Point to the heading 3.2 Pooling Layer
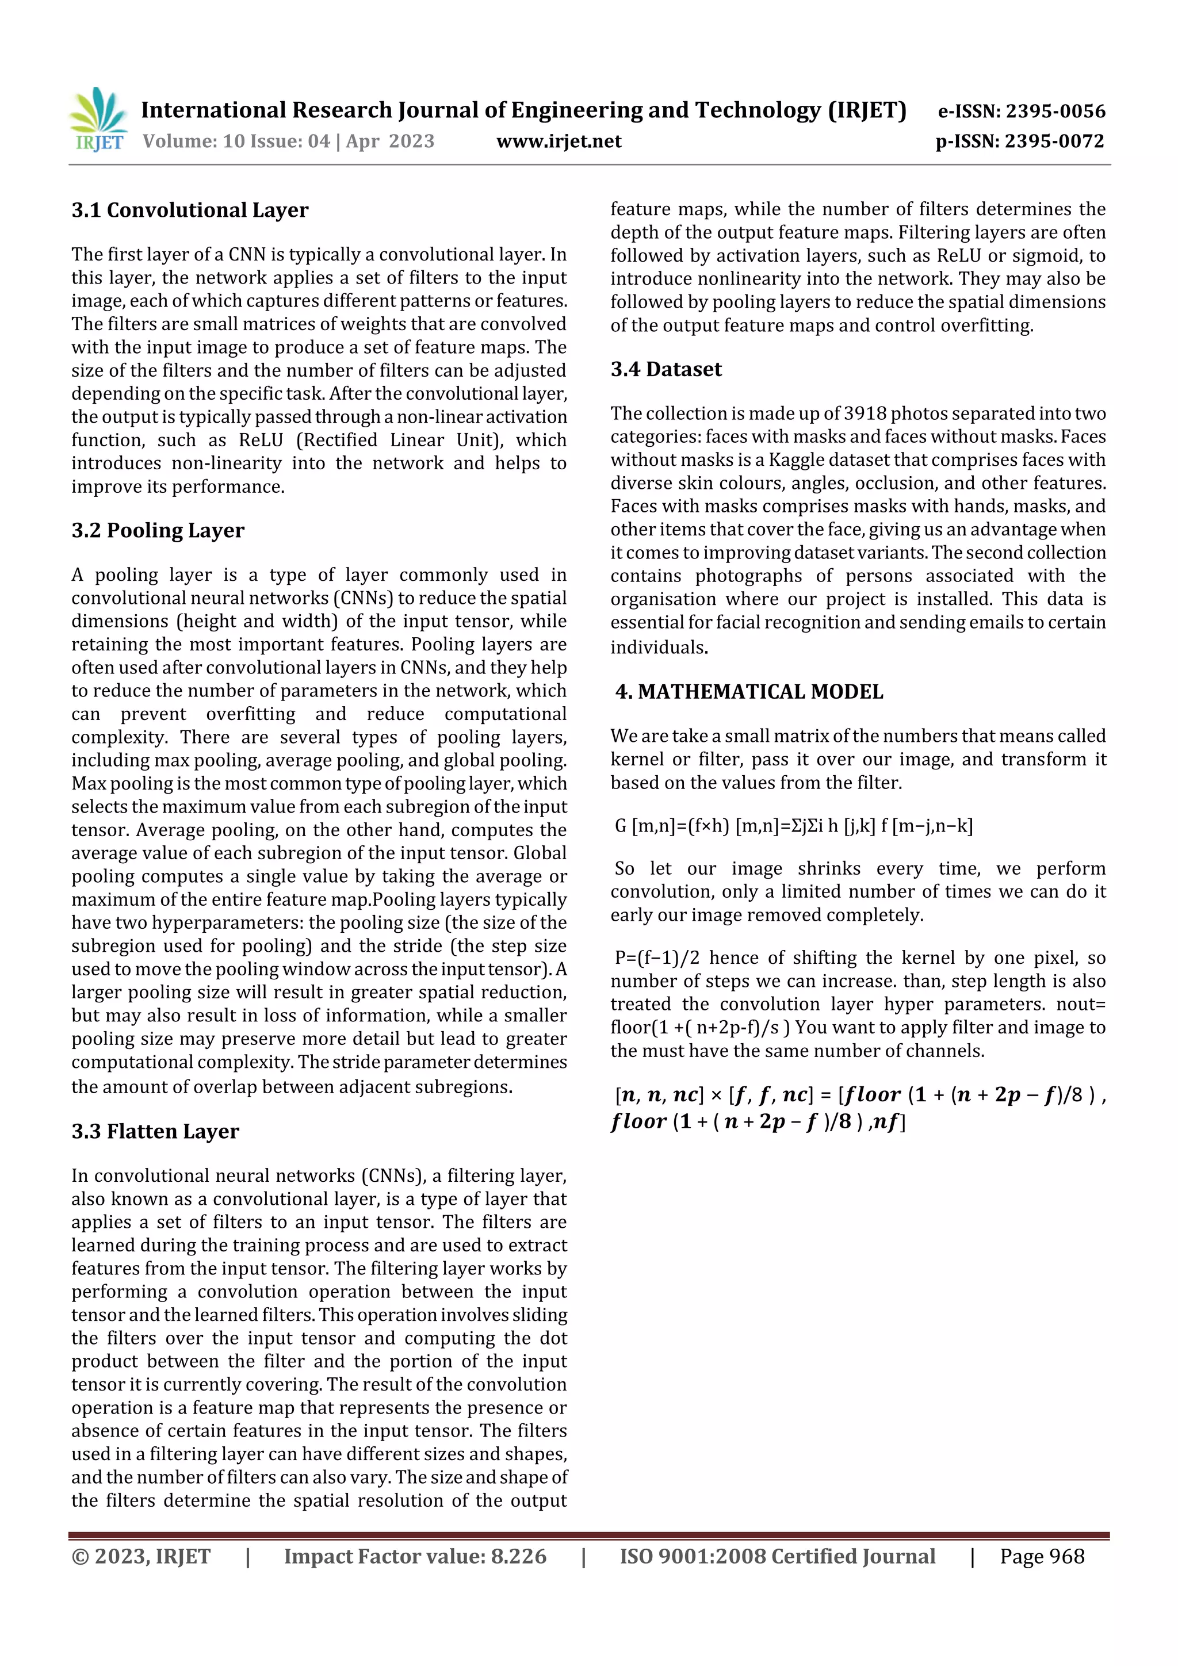point(158,530)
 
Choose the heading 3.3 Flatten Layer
point(155,1131)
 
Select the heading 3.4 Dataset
point(666,369)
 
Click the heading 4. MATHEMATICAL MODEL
point(748,691)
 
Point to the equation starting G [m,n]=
point(793,826)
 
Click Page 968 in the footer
point(1042,1556)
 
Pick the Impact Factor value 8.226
point(518,1556)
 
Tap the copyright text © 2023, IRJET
point(141,1556)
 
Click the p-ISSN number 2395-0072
point(1054,141)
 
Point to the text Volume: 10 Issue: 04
point(236,141)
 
